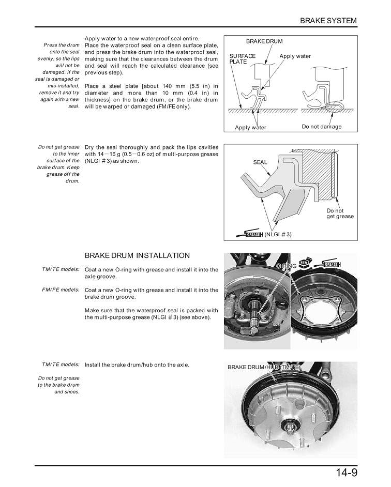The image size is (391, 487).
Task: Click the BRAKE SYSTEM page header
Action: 328,21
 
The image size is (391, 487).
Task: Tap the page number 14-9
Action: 343,473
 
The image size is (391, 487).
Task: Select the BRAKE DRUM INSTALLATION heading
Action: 137,255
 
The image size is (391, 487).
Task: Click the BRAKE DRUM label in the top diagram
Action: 264,41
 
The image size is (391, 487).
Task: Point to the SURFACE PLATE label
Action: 242,58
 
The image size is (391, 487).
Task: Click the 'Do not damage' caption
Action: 322,127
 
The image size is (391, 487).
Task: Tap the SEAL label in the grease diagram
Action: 260,162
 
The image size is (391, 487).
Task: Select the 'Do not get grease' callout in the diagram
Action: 340,214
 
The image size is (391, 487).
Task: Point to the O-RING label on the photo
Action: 287,266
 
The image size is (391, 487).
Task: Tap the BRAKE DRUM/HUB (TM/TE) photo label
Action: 264,367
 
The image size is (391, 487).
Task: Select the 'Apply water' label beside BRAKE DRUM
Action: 295,56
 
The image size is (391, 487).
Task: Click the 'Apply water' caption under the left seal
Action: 251,128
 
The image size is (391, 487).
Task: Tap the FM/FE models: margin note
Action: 61,290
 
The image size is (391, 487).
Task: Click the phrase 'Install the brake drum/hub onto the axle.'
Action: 137,364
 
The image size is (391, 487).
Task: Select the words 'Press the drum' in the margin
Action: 62,45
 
